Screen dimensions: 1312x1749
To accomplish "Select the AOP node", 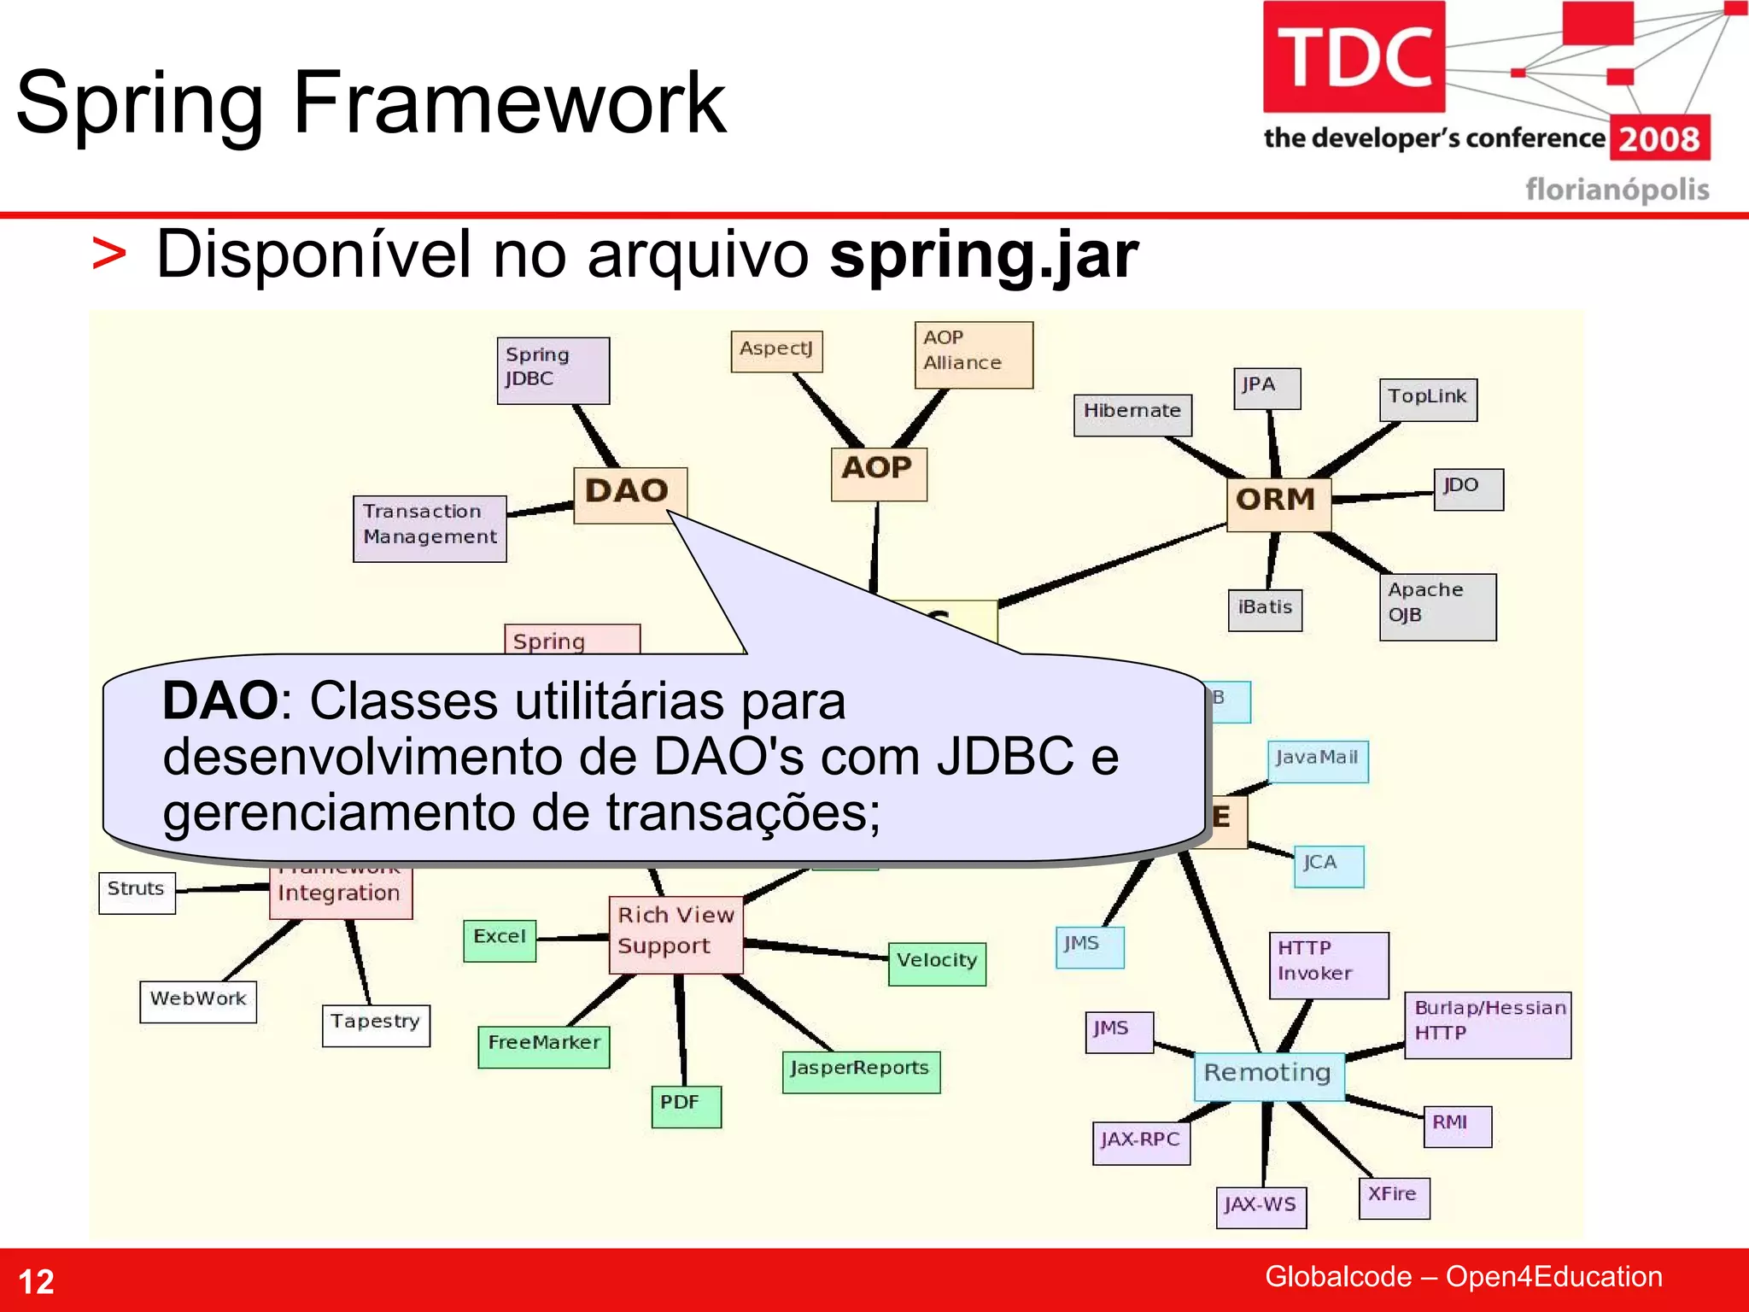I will point(878,472).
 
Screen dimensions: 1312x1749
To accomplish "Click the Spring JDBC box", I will point(553,370).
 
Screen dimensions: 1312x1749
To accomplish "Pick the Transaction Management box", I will point(430,528).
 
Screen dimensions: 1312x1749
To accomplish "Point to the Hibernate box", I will point(1132,414).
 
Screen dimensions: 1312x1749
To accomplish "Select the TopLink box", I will point(1427,400).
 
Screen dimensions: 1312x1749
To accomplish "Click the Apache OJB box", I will point(1437,606).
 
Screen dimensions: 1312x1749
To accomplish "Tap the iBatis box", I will point(1265,610).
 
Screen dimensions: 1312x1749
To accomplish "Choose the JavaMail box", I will point(1317,760).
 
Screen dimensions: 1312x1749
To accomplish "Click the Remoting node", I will point(1267,1075).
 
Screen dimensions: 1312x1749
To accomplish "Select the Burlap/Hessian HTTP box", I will point(1488,1024).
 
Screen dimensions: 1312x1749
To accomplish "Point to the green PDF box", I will point(686,1106).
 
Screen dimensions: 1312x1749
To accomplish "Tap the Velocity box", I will point(937,963).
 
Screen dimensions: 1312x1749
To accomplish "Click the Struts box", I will point(137,893).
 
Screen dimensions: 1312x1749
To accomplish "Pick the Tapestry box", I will point(376,1025).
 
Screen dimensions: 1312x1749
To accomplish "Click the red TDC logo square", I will point(1354,57).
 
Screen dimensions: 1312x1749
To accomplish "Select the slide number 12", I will point(36,1281).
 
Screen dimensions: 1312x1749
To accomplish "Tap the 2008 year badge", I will point(1658,139).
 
